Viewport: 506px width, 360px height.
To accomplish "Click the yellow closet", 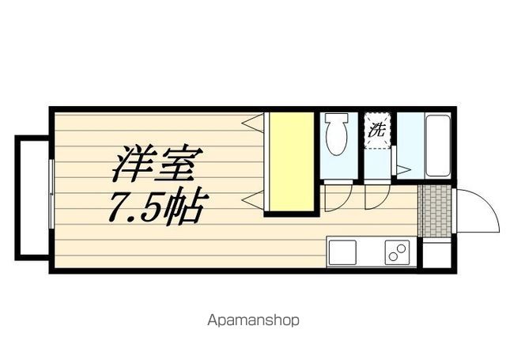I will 289,162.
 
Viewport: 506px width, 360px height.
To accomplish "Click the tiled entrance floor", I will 433,210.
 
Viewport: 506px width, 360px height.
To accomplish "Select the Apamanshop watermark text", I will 254,320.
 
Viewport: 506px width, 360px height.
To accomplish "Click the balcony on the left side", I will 32,195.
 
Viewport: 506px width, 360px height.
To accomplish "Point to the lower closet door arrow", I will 253,198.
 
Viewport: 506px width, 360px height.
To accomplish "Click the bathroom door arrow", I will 402,169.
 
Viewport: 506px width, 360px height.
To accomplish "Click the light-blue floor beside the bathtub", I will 408,142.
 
